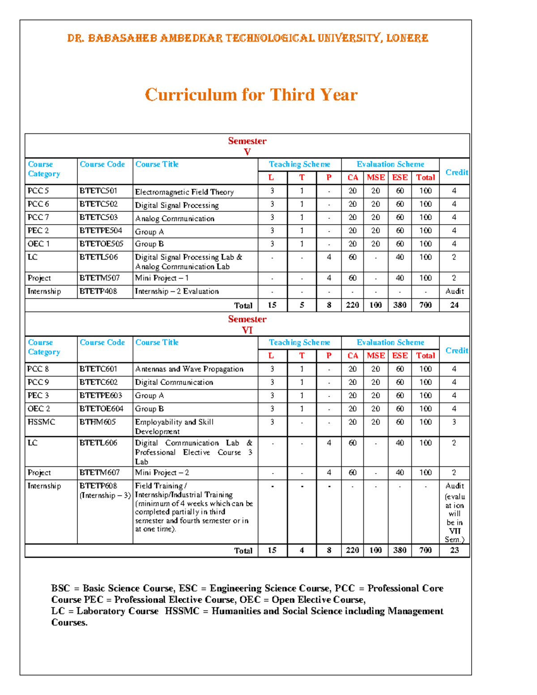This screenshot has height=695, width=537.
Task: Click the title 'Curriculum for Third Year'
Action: pos(251,95)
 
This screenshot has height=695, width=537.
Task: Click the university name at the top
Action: pos(247,38)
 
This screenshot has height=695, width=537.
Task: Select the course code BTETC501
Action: pos(98,191)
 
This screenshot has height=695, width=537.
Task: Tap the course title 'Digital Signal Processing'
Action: pos(177,205)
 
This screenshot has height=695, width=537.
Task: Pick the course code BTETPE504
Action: pos(101,230)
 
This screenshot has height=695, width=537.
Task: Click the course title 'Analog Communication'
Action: pos(175,218)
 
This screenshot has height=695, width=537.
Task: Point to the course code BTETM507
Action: pos(99,278)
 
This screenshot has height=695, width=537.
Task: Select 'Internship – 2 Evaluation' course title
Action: pos(177,291)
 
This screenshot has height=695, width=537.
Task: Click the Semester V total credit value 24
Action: pos(454,305)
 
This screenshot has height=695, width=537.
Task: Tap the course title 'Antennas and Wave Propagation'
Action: pos(189,369)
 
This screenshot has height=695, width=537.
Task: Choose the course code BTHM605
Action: pos(98,422)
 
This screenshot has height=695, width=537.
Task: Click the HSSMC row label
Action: pos(41,422)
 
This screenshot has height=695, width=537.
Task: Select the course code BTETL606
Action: pos(98,443)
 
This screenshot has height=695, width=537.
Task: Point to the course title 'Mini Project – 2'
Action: pos(162,473)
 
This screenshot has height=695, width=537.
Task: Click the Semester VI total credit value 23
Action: pos(454,550)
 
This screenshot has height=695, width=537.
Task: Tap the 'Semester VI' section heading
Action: pos(247,324)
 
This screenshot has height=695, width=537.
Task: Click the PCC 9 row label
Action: pos(38,382)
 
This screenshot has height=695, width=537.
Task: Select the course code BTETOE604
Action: pos(101,409)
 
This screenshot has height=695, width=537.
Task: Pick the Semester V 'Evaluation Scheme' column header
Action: pos(390,164)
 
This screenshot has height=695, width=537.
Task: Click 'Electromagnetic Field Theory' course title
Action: pos(184,192)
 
